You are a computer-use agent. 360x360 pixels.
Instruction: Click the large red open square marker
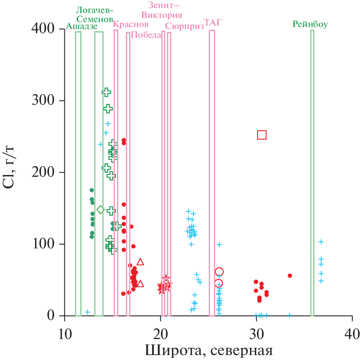click(x=262, y=135)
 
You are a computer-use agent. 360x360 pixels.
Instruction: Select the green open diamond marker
click(x=101, y=210)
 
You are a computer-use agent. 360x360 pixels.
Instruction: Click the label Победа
click(x=146, y=35)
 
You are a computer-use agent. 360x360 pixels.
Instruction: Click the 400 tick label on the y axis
click(x=44, y=29)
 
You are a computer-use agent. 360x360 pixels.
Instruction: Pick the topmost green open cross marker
click(x=106, y=92)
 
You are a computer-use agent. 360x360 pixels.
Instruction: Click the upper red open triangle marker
click(x=140, y=262)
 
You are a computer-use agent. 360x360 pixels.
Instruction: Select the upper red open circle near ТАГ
click(x=219, y=272)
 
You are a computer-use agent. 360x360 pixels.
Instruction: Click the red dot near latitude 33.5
click(x=290, y=275)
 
